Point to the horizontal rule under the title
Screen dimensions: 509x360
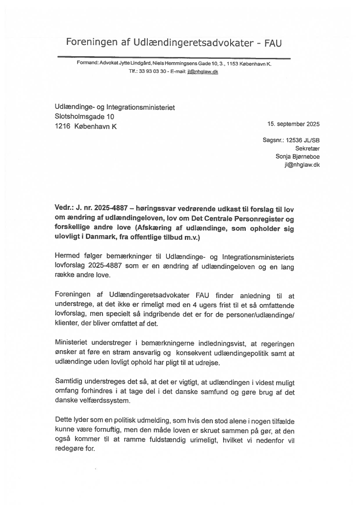pos(173,57)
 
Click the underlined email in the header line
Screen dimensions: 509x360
pos(203,71)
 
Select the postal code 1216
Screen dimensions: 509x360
pos(62,127)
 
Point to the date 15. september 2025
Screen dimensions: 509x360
pos(293,124)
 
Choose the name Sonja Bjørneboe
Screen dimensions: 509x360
pos(297,157)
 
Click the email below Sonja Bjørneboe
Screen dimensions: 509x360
pos(302,165)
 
